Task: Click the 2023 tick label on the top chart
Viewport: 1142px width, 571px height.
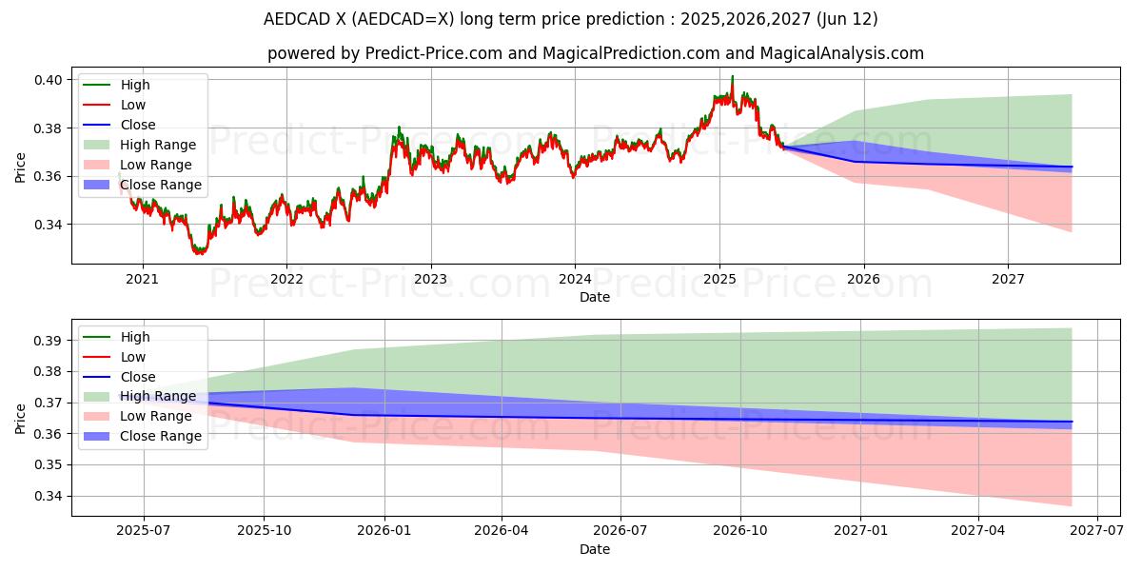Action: click(x=430, y=280)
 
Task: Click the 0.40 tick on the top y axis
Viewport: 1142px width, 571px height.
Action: click(x=50, y=80)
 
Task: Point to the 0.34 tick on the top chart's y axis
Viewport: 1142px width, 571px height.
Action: click(x=50, y=225)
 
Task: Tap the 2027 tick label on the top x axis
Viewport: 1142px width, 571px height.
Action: click(x=1008, y=280)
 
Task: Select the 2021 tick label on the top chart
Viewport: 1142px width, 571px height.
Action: click(x=143, y=280)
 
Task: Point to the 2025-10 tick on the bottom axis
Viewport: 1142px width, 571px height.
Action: click(x=264, y=531)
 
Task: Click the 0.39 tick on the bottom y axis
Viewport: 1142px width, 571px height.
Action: click(x=50, y=341)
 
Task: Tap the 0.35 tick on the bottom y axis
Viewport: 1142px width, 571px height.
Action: click(x=50, y=465)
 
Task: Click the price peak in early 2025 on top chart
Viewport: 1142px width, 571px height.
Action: click(x=732, y=77)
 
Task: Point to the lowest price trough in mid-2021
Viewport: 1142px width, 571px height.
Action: click(x=199, y=253)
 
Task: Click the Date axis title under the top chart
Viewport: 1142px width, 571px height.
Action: click(x=595, y=298)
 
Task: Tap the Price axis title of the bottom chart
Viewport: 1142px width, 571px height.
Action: click(x=21, y=418)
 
